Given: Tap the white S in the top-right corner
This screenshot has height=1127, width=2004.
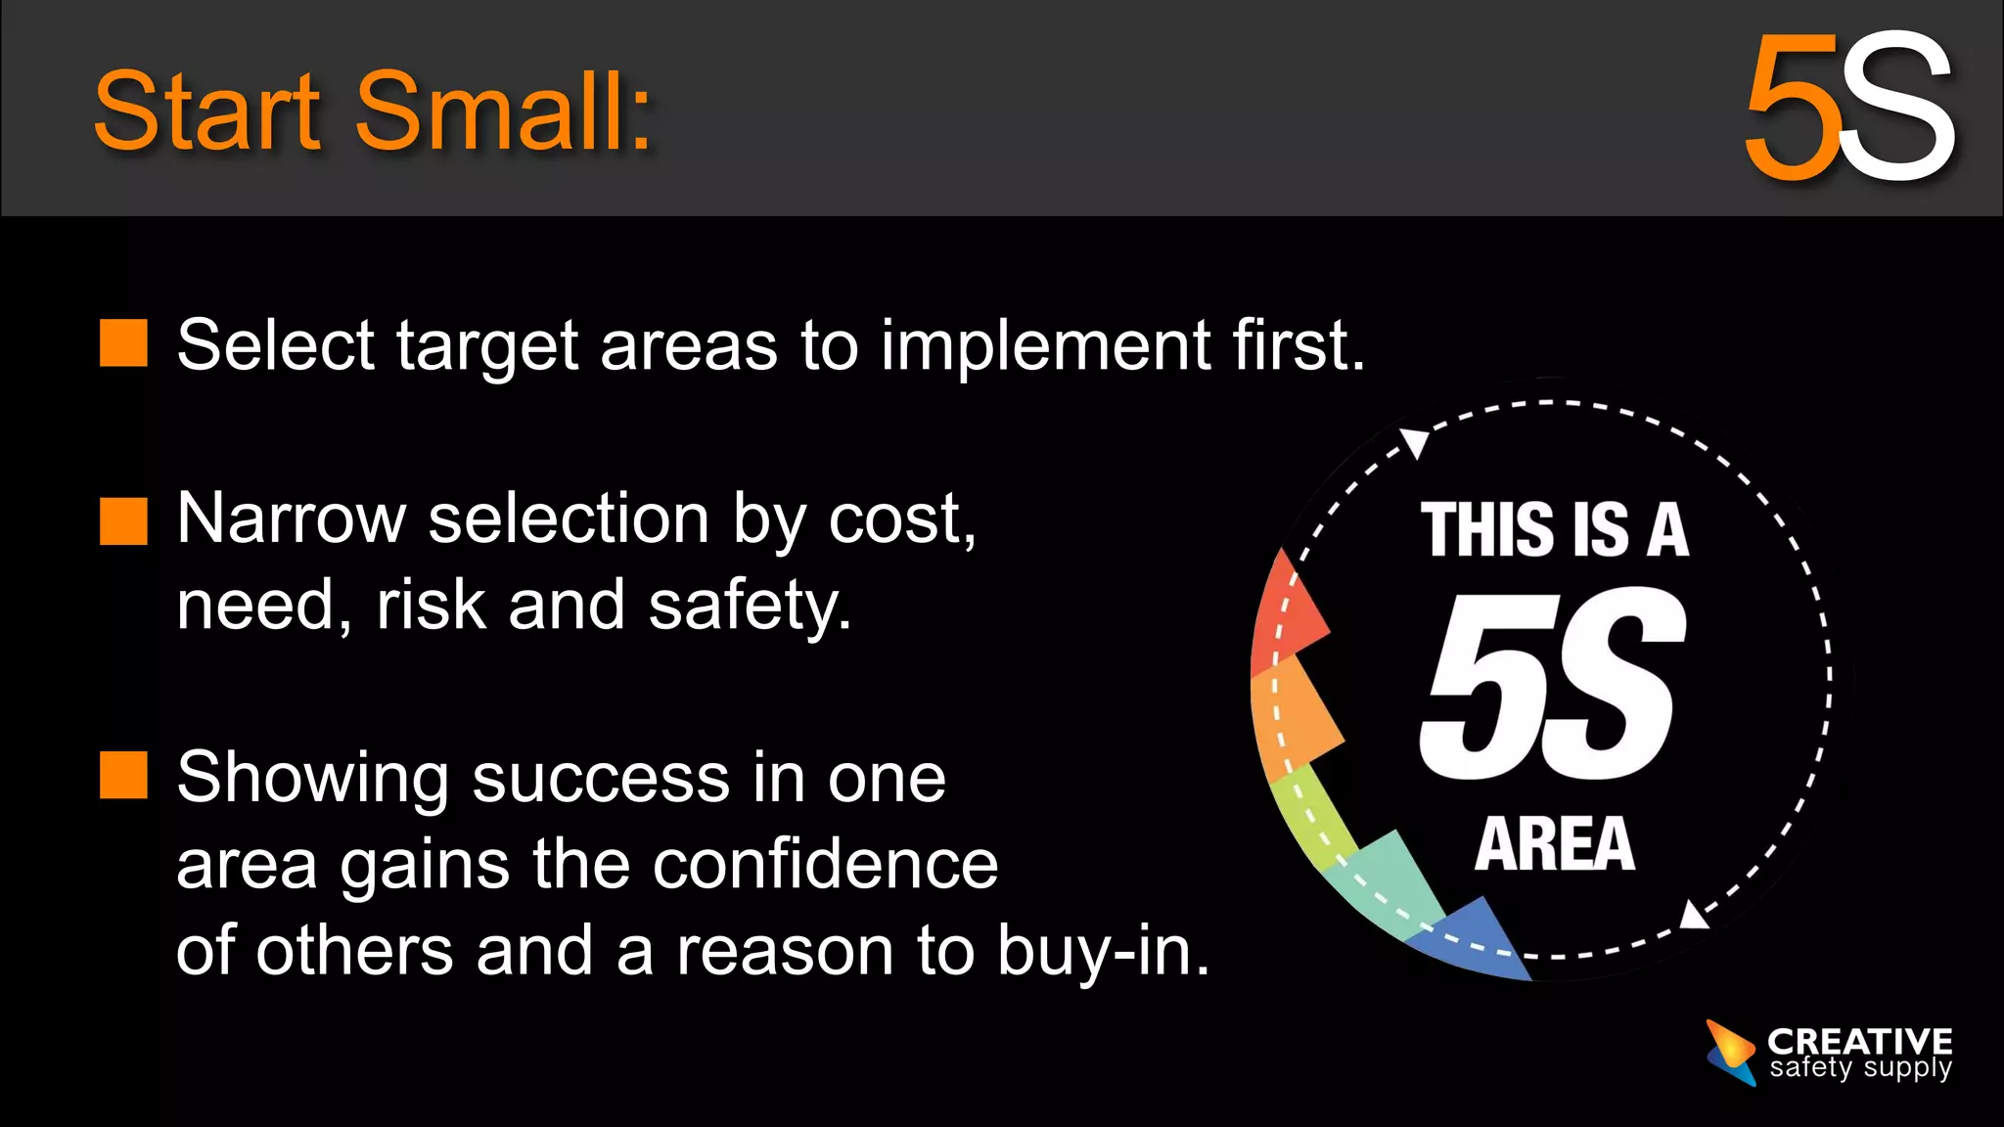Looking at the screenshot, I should coord(1896,108).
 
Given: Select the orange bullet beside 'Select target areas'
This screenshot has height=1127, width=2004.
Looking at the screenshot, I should coord(123,343).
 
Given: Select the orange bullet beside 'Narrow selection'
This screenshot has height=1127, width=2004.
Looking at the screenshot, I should coord(123,520).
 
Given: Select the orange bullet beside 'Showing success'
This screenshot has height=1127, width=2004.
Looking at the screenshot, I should coord(123,776).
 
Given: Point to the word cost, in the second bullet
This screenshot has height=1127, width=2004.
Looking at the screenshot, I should coord(902,518).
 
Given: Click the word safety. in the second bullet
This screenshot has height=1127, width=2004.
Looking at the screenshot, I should coord(750,605).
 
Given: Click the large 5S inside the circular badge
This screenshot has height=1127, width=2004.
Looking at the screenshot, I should coord(1552,685).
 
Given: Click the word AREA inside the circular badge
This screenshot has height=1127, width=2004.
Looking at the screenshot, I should coord(1554,843).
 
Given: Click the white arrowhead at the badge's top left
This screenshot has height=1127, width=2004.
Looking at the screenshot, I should coord(1415,442).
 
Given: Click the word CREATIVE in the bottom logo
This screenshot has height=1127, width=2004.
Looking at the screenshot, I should coord(1859,1041).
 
